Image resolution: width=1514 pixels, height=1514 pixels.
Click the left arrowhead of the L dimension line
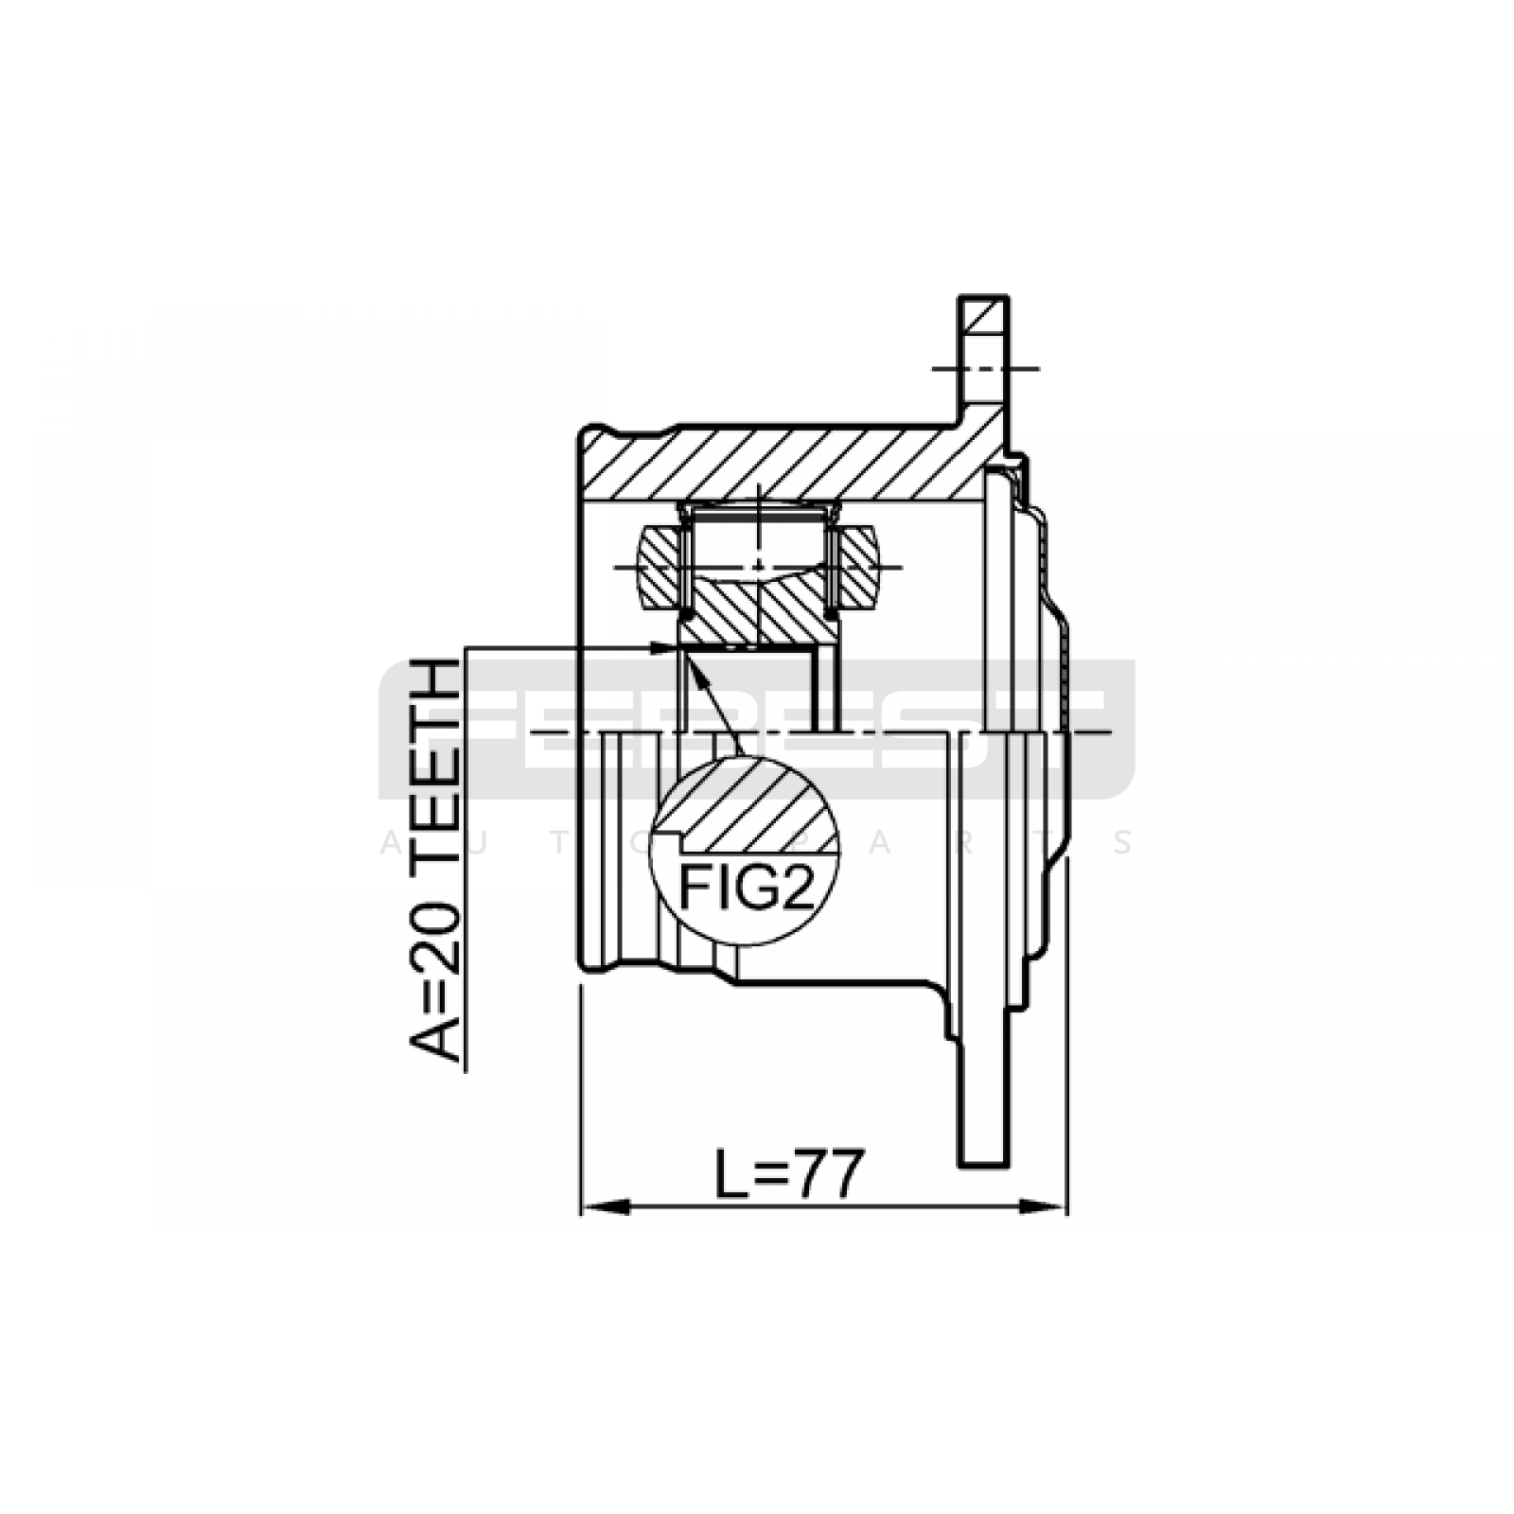(x=605, y=1207)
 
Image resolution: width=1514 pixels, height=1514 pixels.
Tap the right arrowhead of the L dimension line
(x=1042, y=1207)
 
